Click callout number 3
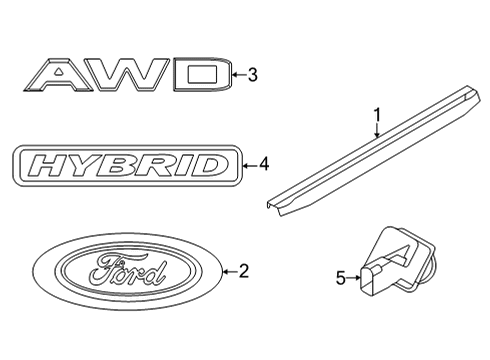(x=253, y=74)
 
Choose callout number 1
(x=377, y=113)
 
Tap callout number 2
(x=243, y=270)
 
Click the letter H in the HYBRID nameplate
(x=52, y=165)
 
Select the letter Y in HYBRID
(x=88, y=165)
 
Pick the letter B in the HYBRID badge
(x=122, y=165)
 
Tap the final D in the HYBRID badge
(x=211, y=165)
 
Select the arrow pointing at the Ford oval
(x=229, y=270)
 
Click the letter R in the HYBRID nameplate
(x=157, y=165)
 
